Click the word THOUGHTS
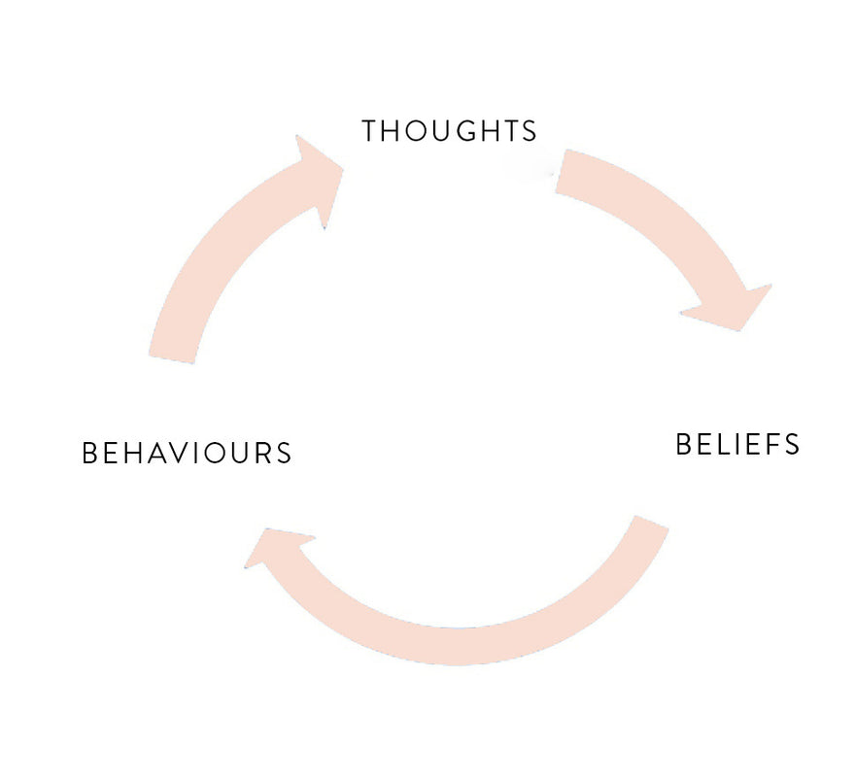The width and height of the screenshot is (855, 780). click(x=449, y=131)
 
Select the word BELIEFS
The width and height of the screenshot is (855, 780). click(x=737, y=445)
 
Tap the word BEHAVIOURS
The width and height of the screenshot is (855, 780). click(x=188, y=454)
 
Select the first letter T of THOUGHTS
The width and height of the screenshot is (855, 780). click(x=370, y=131)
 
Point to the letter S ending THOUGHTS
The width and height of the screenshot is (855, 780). click(x=529, y=131)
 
